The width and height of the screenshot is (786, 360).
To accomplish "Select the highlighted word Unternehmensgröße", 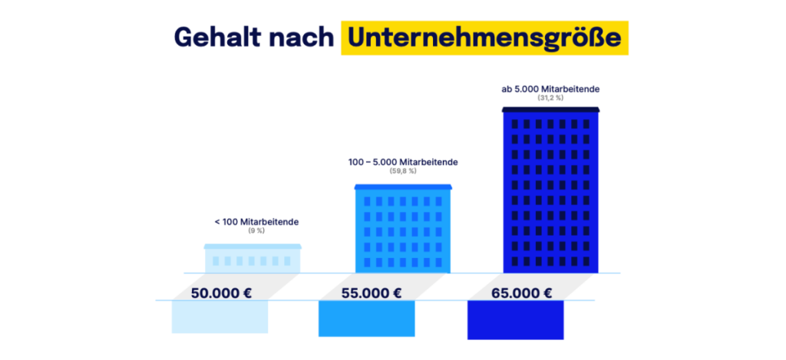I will (x=484, y=38).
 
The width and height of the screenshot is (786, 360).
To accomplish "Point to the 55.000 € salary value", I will (x=371, y=292).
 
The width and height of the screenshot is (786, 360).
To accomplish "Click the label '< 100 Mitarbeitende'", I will (x=256, y=222).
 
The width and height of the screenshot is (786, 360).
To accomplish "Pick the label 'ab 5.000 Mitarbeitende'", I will (x=550, y=89).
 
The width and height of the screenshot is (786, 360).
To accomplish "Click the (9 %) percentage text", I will (x=256, y=230).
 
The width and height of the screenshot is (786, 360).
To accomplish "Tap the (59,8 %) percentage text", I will (x=403, y=171).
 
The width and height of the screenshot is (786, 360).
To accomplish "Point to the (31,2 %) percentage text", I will (x=550, y=98).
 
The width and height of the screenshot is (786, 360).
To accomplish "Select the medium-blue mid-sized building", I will (x=403, y=231).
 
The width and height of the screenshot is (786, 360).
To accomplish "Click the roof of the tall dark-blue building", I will (x=550, y=110).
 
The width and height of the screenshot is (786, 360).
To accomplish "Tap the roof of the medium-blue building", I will (x=403, y=187).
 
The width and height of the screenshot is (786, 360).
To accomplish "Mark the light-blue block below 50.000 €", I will (x=220, y=317).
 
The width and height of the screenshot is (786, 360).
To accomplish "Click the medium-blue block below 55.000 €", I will (x=367, y=319).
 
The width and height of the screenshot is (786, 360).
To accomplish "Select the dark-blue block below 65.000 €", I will (x=516, y=320).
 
